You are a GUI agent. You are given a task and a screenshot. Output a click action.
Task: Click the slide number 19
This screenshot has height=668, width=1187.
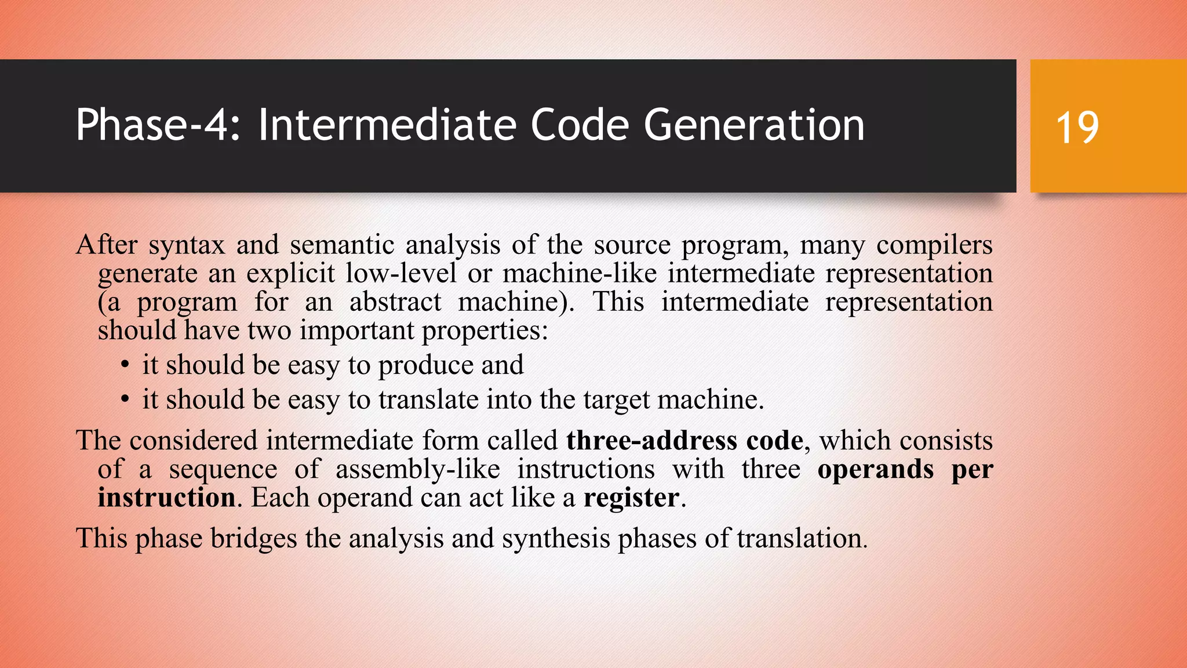point(1077,128)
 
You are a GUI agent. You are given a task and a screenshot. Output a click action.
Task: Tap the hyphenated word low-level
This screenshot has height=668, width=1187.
point(401,273)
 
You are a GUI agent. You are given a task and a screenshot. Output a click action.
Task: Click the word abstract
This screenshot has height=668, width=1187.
point(395,302)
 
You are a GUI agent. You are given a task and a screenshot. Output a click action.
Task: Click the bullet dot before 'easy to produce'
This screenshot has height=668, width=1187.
point(125,366)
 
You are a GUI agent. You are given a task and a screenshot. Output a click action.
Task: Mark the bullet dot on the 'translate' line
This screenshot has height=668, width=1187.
point(125,400)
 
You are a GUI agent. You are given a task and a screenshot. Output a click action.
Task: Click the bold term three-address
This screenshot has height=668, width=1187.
point(651,441)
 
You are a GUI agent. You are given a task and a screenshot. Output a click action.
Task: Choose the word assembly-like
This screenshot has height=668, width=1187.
point(417,469)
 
